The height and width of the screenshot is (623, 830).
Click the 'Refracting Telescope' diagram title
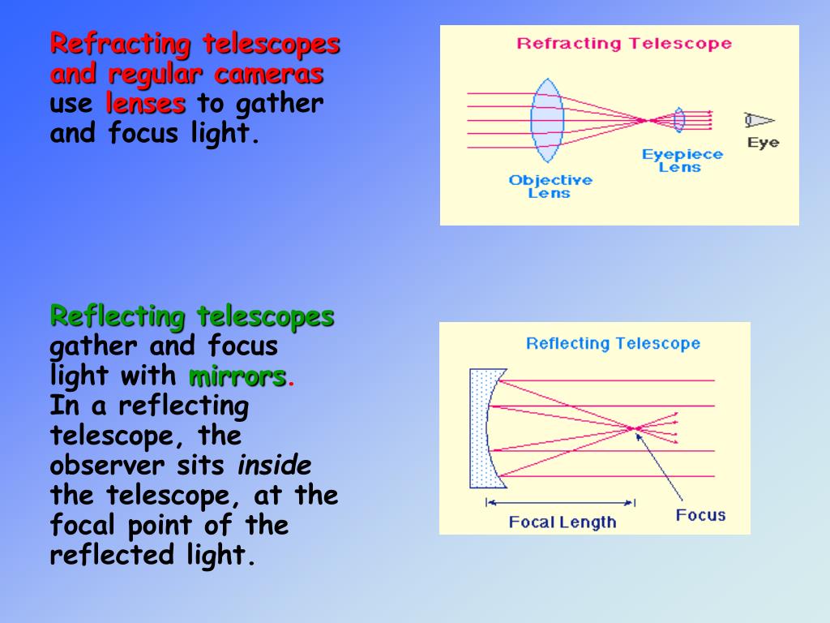click(623, 44)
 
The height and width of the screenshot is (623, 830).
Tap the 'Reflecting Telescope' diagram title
click(613, 343)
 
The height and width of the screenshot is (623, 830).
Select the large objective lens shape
click(547, 120)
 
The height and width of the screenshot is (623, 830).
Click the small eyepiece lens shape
click(679, 120)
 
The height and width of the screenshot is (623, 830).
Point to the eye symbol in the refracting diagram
click(759, 120)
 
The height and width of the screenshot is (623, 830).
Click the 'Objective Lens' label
click(550, 187)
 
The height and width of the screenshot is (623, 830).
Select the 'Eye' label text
click(763, 143)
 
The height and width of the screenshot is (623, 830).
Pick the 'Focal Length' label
click(563, 522)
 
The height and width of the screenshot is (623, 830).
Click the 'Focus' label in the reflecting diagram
click(700, 515)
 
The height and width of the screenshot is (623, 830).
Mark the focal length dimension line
click(559, 502)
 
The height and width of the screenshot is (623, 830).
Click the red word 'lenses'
click(145, 104)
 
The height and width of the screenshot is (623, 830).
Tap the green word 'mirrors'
click(237, 376)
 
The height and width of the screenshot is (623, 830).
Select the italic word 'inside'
click(274, 466)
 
